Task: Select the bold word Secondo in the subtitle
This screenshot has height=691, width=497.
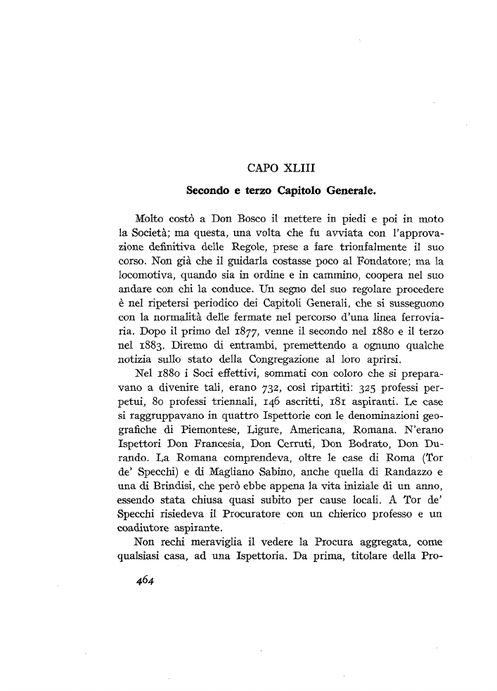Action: [207, 190]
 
